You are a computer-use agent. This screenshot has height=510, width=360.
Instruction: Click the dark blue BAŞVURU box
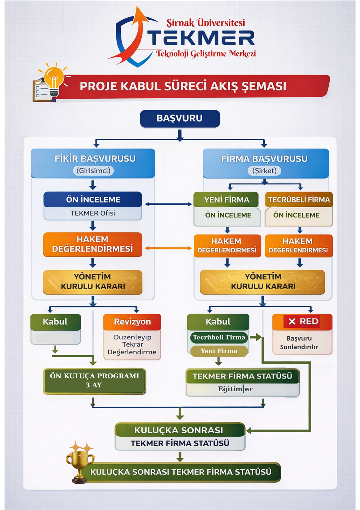click(x=180, y=118)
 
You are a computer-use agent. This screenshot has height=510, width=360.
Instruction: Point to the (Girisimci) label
click(x=93, y=171)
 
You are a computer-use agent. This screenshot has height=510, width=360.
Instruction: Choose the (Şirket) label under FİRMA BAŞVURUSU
click(x=264, y=171)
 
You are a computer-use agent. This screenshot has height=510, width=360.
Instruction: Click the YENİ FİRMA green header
click(x=226, y=200)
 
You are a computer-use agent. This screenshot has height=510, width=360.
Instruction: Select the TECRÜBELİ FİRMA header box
click(x=299, y=200)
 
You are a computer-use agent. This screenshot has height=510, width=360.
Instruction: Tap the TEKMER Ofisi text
click(x=93, y=213)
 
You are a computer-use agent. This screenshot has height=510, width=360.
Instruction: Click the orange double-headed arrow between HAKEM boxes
click(x=168, y=248)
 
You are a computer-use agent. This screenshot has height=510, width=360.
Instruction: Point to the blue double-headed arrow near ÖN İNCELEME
click(x=168, y=204)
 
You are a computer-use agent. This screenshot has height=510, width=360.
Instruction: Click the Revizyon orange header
click(x=132, y=321)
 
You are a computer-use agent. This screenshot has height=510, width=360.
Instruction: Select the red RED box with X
click(x=302, y=321)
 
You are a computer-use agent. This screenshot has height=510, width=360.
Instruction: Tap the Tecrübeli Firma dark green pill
click(x=219, y=337)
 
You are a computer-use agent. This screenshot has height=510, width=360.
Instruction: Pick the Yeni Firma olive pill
click(x=219, y=351)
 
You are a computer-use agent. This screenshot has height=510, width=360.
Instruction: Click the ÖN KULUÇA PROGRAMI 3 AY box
click(x=94, y=381)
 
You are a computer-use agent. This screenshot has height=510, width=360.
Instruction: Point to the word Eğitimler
click(x=235, y=389)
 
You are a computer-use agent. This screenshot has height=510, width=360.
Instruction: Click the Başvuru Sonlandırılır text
click(x=299, y=342)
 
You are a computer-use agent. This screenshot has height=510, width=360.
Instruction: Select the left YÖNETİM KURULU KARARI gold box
click(x=93, y=282)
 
